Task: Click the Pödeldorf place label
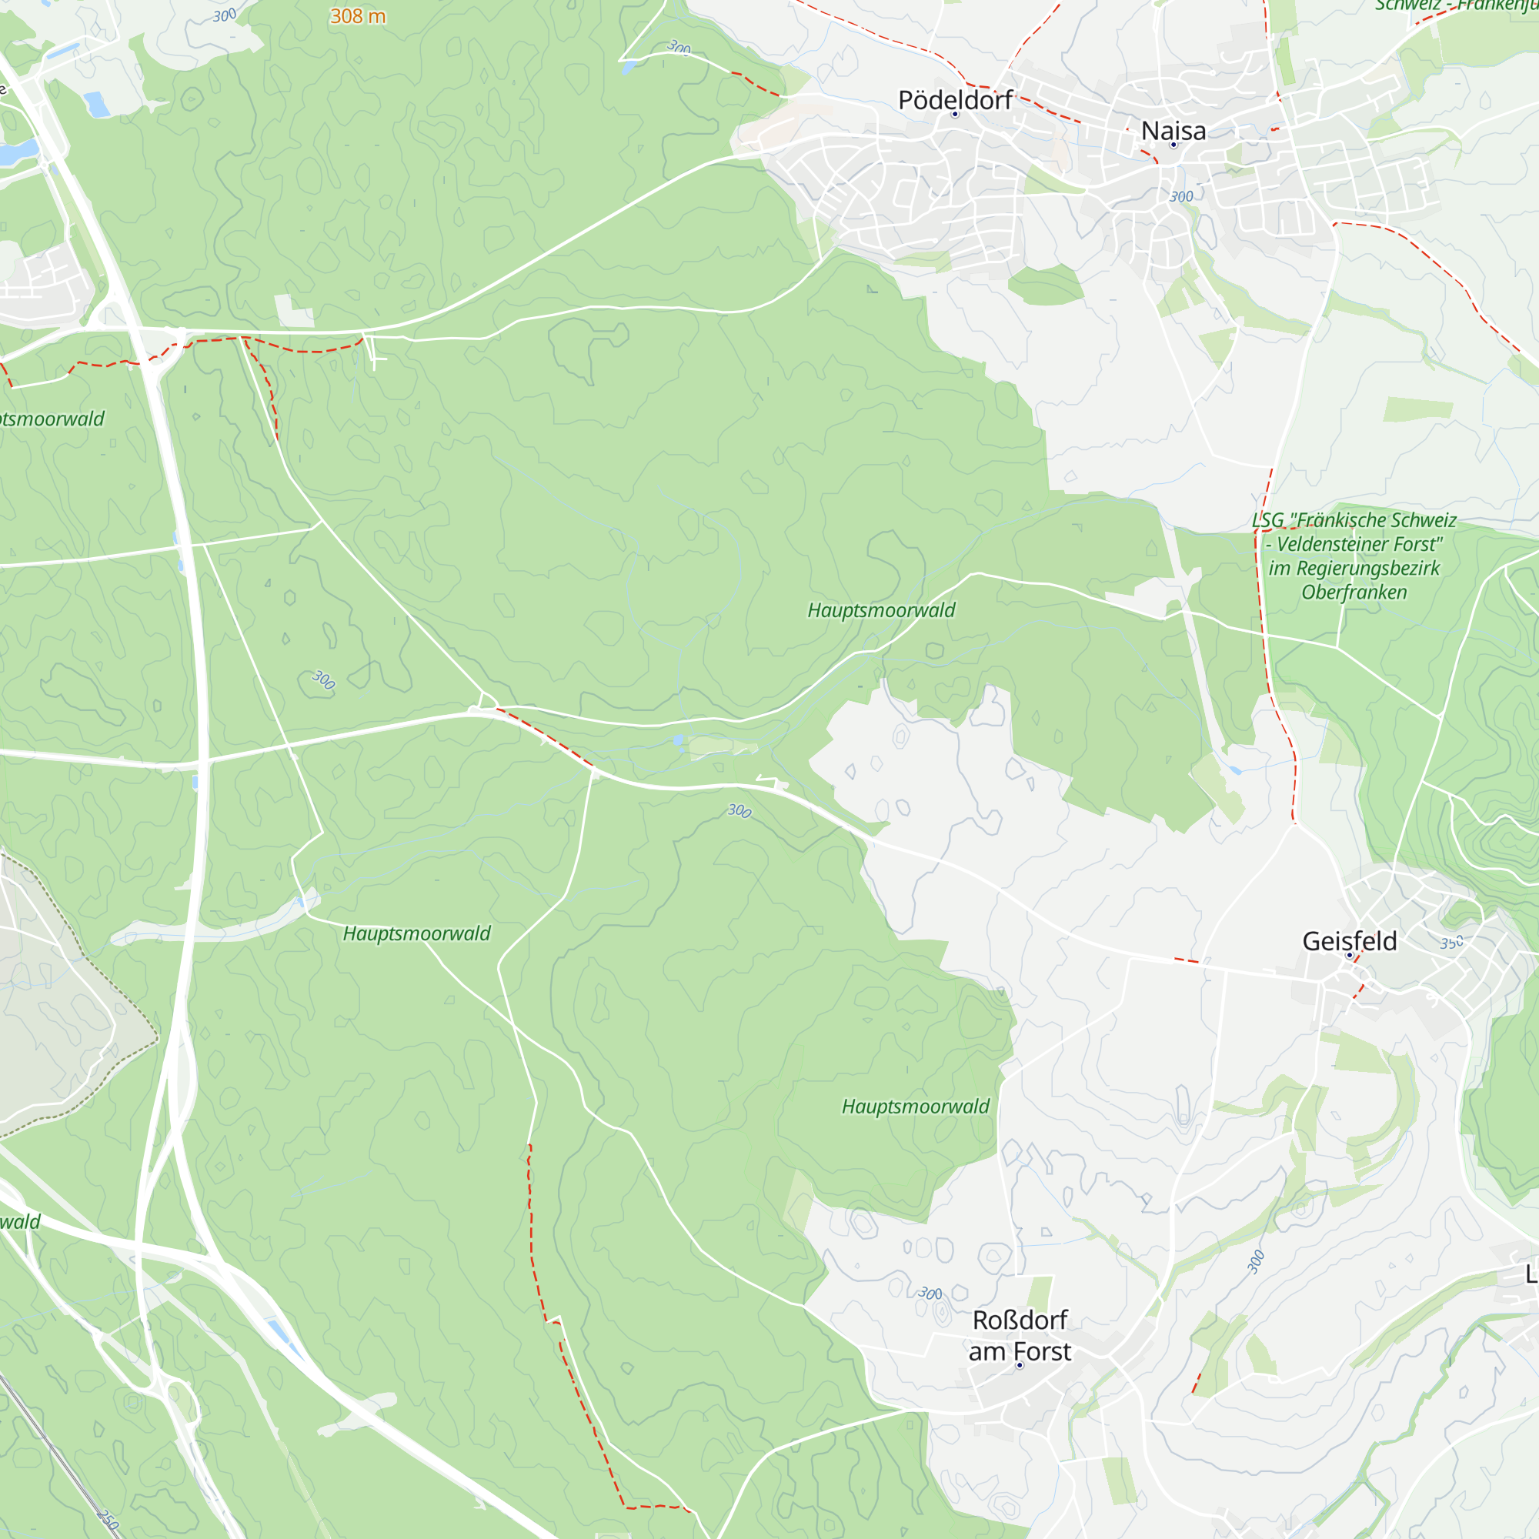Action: click(954, 100)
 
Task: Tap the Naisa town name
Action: click(1173, 131)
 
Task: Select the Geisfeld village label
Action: click(1350, 941)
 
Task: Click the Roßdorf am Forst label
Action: click(1020, 1336)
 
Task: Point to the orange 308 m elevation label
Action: click(358, 16)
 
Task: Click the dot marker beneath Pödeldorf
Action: click(955, 115)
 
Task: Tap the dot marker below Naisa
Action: click(1173, 145)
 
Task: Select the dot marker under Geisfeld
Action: click(1350, 955)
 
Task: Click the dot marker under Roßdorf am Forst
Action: click(1020, 1365)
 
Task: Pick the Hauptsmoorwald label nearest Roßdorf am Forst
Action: click(915, 1107)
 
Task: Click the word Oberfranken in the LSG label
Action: click(1354, 592)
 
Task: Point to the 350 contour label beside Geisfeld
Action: click(1451, 943)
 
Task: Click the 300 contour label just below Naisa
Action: click(1181, 197)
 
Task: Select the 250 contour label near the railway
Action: click(108, 1519)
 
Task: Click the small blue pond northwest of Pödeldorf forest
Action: click(97, 105)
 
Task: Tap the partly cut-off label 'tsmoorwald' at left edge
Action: click(52, 419)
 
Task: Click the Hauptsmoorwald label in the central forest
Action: click(881, 610)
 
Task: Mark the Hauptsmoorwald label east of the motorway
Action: click(416, 933)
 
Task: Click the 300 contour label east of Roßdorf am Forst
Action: click(1255, 1263)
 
